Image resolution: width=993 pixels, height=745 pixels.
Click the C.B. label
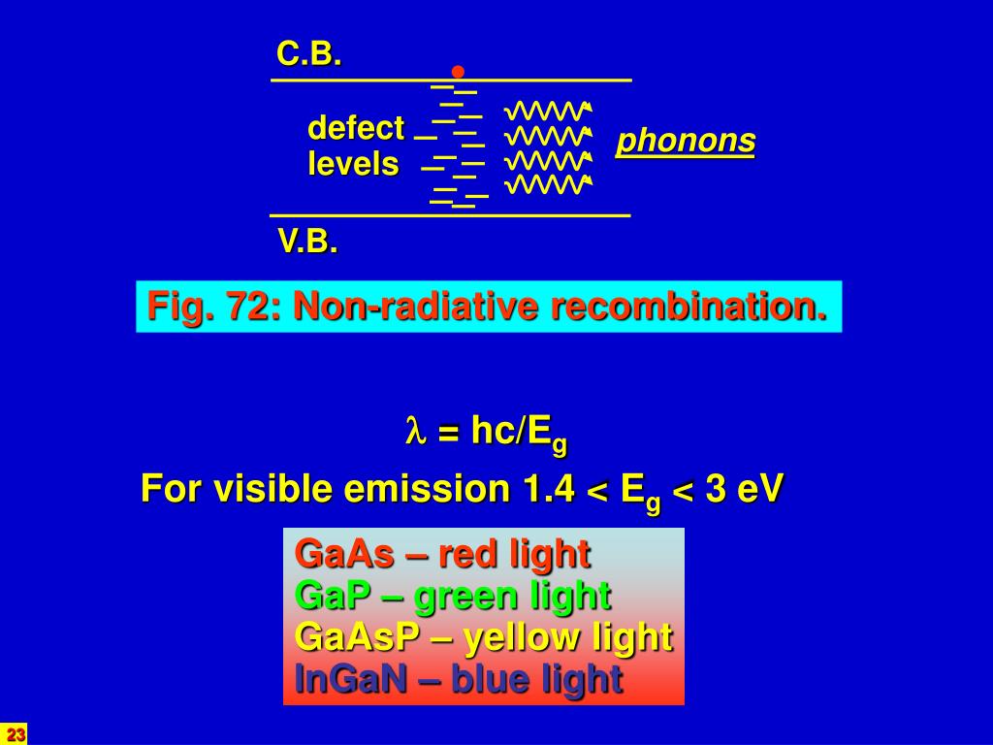point(309,55)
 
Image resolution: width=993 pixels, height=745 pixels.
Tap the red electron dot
point(458,72)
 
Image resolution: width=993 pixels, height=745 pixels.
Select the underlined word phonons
point(686,142)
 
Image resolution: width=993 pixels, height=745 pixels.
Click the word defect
point(355,127)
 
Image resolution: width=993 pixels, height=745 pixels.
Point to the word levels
point(353,164)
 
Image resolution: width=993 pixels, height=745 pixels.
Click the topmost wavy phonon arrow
point(549,110)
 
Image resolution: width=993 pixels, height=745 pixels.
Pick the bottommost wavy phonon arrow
point(549,183)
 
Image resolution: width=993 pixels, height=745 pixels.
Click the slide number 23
point(15,733)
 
